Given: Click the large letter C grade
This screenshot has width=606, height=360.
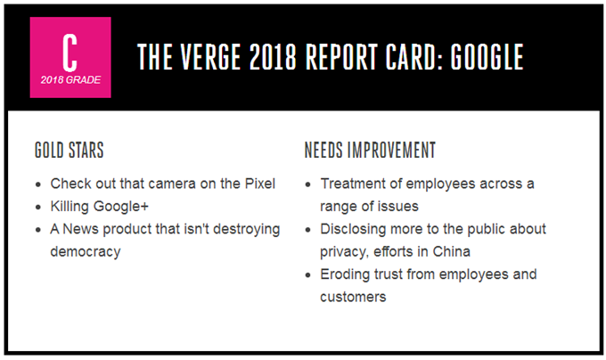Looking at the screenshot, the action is (70, 53).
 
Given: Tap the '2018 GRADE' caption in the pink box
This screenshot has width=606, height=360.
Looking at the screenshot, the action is (70, 80).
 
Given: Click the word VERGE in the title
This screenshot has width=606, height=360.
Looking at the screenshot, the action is (211, 57).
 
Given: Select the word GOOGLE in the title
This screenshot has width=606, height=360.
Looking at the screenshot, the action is (487, 57).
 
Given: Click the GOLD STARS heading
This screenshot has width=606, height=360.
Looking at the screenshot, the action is (70, 150).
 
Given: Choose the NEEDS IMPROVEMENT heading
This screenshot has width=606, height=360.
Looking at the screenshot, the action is (370, 150).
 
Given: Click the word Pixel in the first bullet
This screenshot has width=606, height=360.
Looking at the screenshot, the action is (260, 184).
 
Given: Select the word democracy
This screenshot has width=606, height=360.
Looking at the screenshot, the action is (86, 252).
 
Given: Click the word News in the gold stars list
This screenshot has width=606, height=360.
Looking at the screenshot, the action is (81, 229).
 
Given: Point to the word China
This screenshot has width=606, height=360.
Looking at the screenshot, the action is (452, 252).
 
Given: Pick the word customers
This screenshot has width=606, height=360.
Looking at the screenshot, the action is (353, 297).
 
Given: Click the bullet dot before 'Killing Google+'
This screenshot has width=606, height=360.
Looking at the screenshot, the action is (37, 208).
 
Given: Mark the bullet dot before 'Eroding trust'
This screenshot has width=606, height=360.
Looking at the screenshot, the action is (307, 275).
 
